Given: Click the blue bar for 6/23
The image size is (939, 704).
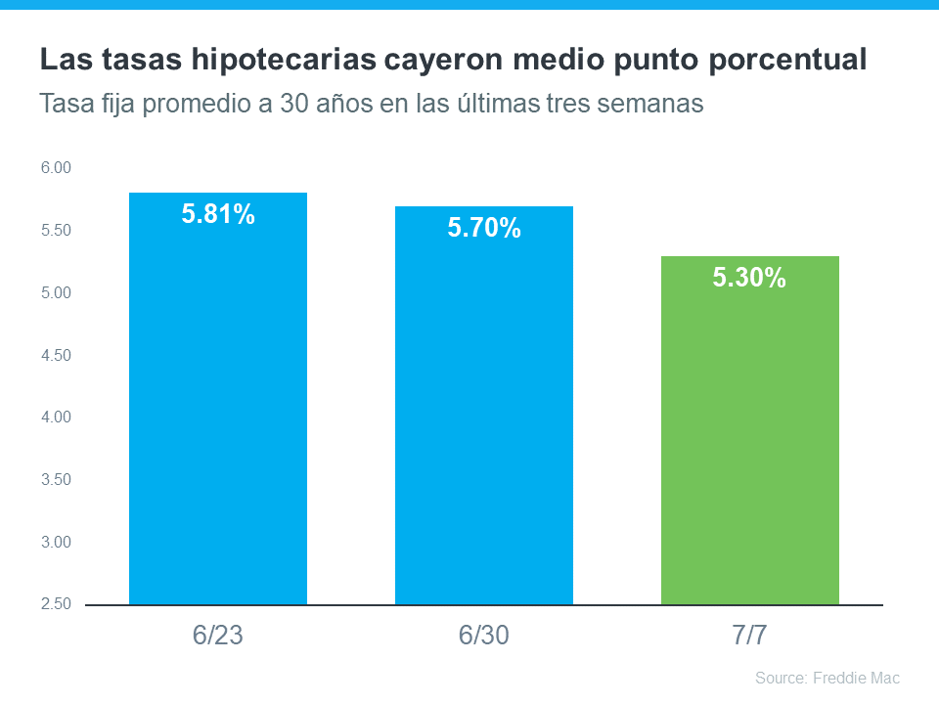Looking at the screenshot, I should [217, 411].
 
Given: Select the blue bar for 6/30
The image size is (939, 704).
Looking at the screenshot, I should [483, 420].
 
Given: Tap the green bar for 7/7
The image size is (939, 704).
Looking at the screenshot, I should [749, 440].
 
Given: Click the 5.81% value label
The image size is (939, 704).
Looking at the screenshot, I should [218, 214].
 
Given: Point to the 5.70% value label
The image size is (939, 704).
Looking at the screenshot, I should [484, 229].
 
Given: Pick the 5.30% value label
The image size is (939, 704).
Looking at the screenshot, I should [749, 278].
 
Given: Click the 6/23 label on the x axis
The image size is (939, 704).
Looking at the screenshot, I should [217, 636].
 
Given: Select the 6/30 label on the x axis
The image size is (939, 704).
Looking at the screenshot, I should [483, 636].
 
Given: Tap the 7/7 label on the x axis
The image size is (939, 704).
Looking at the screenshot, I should [749, 636].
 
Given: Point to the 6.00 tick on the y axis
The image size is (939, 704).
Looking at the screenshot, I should [56, 168].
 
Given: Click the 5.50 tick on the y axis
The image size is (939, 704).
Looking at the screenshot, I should [56, 231].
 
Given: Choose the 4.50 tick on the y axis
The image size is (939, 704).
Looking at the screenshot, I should [56, 355].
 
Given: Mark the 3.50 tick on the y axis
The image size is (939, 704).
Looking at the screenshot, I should [56, 479].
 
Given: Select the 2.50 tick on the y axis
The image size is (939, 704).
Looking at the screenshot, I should [56, 604].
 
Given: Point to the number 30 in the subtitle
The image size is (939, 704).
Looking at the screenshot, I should [289, 104].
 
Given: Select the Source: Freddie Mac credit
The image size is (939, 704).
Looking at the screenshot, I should [827, 678].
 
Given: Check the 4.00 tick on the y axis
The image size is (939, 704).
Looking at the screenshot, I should [56, 418].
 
